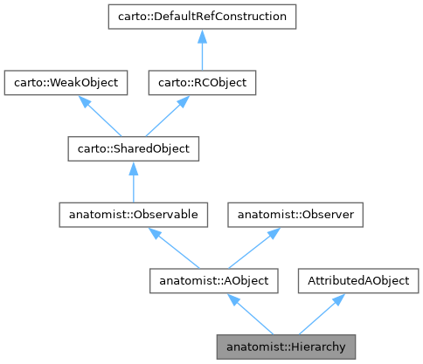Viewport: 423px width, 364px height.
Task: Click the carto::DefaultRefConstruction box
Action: point(201,17)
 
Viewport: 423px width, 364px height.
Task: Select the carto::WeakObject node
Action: point(66,83)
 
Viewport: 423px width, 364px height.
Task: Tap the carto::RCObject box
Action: point(201,83)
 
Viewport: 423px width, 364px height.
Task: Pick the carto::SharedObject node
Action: point(133,148)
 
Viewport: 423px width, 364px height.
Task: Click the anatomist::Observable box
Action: point(133,214)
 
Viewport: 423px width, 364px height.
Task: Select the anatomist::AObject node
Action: point(214,280)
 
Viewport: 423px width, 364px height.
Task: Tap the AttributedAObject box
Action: point(358,280)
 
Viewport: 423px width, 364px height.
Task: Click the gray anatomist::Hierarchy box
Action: point(287,347)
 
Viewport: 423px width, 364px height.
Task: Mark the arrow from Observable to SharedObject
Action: point(133,182)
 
